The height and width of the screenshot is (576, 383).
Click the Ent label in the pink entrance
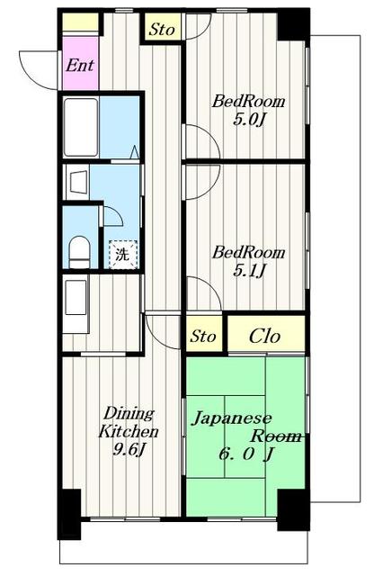click(77, 65)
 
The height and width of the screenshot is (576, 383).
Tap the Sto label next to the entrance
click(162, 29)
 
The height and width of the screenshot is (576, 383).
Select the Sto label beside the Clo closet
click(204, 337)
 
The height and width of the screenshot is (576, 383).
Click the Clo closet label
click(264, 337)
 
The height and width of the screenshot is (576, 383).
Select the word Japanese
click(233, 418)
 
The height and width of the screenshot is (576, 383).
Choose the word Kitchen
click(123, 430)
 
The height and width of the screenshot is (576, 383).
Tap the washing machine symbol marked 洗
click(124, 254)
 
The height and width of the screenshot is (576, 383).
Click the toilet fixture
click(79, 249)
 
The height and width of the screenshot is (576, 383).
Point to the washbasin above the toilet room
click(76, 183)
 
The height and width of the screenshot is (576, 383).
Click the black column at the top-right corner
click(291, 24)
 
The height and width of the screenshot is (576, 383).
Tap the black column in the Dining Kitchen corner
click(69, 512)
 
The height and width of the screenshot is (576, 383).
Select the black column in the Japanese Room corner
click(292, 510)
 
